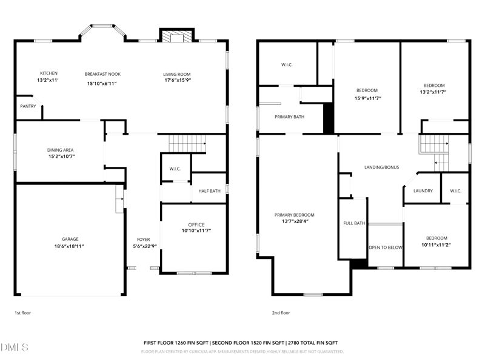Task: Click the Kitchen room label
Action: pos(48,74)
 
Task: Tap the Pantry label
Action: pos(28,106)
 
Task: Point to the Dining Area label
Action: pos(61,149)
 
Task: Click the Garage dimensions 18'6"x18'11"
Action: pos(68,246)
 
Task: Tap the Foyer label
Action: pos(143,239)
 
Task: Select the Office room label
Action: pos(196,224)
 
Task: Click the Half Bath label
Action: pos(210,191)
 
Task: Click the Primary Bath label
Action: pos(289,116)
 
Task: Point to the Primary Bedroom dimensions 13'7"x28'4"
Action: pos(294,221)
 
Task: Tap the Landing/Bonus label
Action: pos(381,167)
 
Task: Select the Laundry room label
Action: pos(423,191)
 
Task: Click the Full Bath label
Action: pos(354,223)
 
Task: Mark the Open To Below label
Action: pos(386,247)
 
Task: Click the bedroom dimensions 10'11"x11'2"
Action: pos(436,245)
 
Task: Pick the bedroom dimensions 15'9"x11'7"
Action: pos(367,98)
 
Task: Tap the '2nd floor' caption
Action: pos(281,313)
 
